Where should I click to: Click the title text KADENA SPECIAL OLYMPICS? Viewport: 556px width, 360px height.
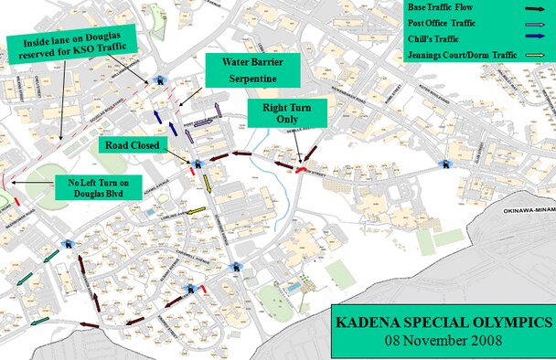tap(443, 323)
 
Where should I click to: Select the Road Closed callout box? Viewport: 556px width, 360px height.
tap(132, 145)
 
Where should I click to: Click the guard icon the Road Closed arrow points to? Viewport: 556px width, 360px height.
tap(193, 164)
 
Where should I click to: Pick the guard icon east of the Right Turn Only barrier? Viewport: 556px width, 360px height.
tap(445, 164)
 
